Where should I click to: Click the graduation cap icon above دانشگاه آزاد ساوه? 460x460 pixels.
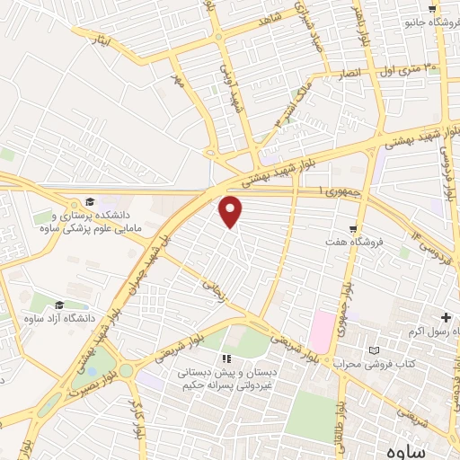(x=59, y=306)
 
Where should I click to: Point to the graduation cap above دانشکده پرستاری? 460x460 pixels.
(x=90, y=201)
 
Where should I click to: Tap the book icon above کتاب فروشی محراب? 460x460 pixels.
(x=376, y=349)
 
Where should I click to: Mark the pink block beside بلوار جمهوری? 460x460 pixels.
(x=321, y=332)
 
